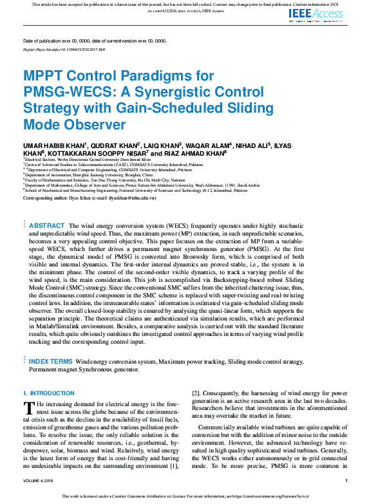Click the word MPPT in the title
44,77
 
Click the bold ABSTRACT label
47,226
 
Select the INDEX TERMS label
51,362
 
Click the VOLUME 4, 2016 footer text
38,481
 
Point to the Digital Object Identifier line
64,49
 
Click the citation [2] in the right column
196,393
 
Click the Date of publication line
94,41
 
